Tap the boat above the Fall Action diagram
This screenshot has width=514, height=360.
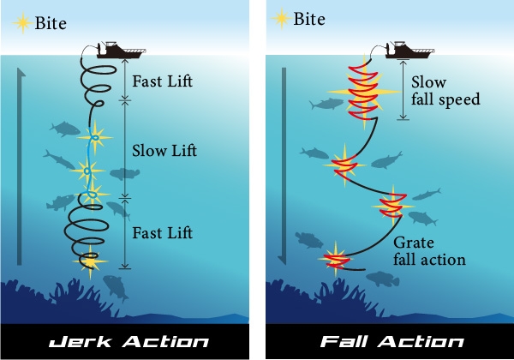pyautogui.click(x=410, y=50)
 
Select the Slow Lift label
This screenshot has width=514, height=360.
pyautogui.click(x=164, y=151)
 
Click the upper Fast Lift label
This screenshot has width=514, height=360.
pyautogui.click(x=164, y=82)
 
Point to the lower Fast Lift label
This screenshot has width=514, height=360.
pyautogui.click(x=164, y=232)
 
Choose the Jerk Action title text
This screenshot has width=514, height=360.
pyautogui.click(x=123, y=341)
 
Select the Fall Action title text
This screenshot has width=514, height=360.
pyautogui.click(x=391, y=341)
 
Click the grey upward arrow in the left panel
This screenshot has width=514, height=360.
pyautogui.click(x=21, y=163)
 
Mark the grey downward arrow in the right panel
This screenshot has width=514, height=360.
pyautogui.click(x=289, y=163)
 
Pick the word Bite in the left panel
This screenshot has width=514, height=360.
pyautogui.click(x=50, y=22)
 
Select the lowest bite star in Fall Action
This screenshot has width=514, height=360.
pyautogui.click(x=335, y=257)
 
